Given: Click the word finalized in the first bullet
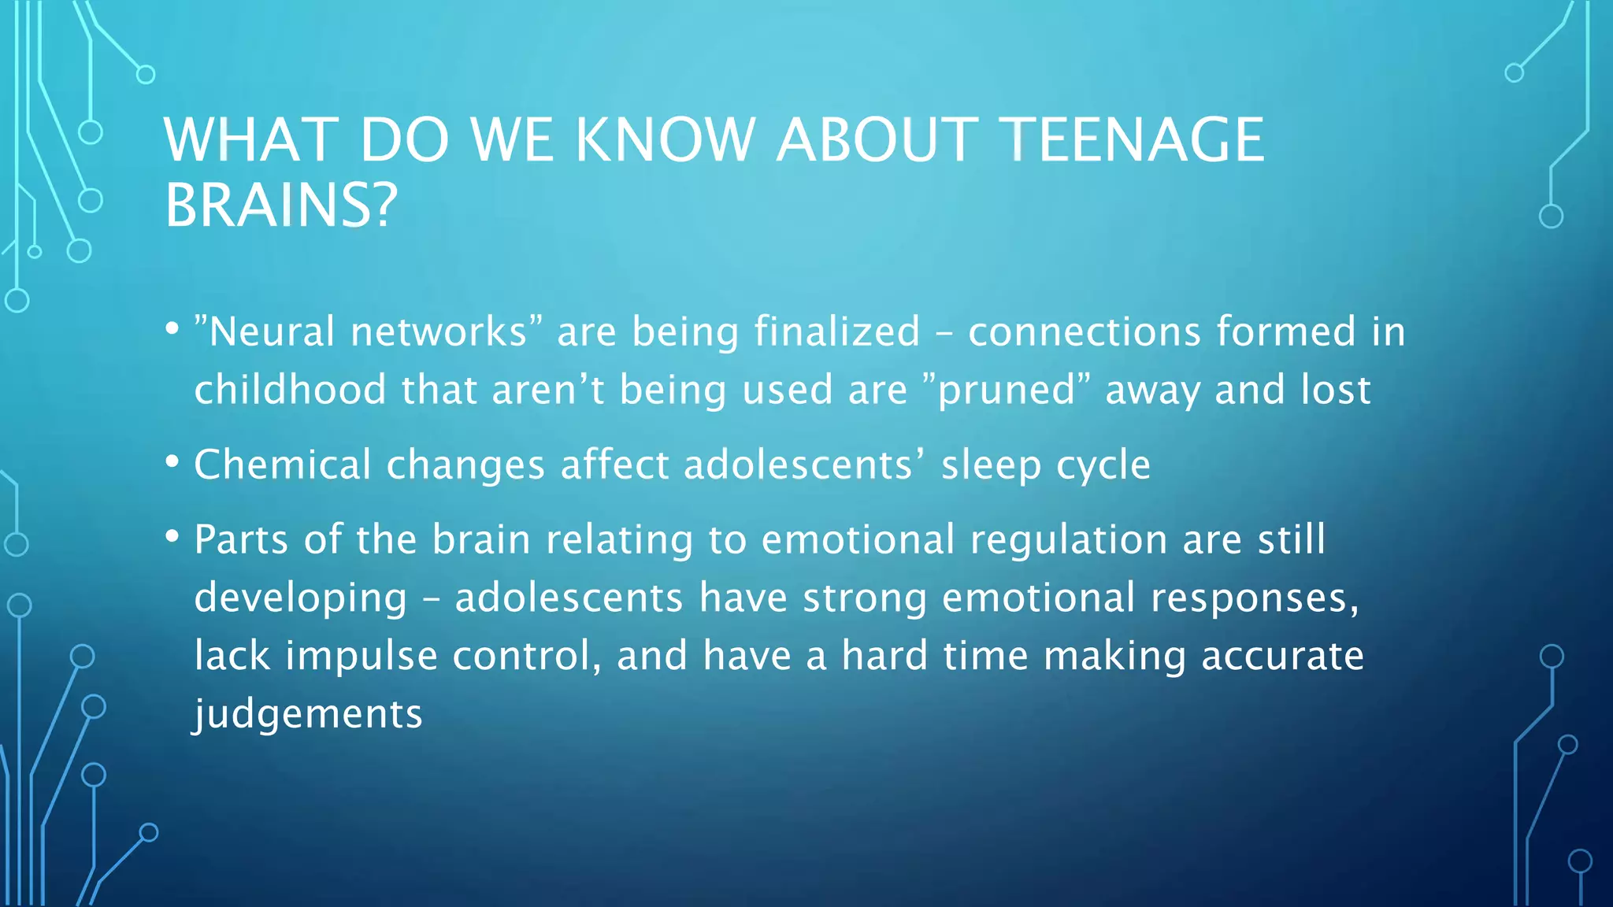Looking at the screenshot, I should pos(836,331).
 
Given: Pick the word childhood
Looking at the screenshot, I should pos(290,390).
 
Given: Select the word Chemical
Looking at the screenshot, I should pos(282,465).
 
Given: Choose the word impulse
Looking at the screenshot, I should pos(361,657).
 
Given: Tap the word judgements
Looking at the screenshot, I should pos(309,715).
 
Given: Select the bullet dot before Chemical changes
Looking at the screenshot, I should pos(172,461).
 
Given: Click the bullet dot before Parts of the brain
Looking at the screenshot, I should pos(172,536).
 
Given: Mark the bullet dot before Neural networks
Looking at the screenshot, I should pos(172,328).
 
